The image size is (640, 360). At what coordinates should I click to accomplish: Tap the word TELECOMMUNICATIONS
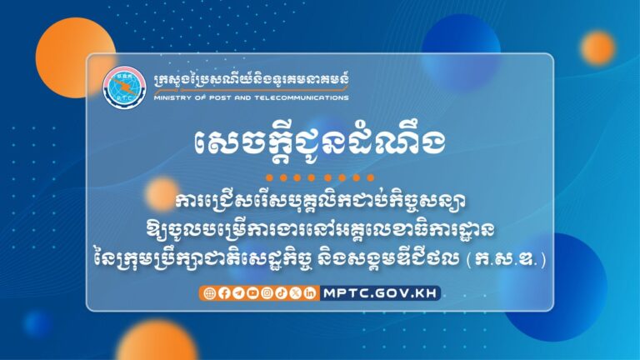(x=302, y=97)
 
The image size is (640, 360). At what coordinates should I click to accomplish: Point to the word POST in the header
(x=216, y=97)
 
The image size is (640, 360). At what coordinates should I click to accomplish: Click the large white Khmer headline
(x=319, y=143)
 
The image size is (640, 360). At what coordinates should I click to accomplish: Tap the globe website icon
(x=208, y=292)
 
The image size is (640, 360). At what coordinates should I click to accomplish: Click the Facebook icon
(x=222, y=292)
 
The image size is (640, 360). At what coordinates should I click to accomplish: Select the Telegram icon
(x=237, y=292)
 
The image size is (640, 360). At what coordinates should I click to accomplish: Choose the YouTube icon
(x=252, y=292)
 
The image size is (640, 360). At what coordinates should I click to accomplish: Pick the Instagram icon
(x=266, y=292)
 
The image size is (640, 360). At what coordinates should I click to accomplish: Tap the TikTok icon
(x=281, y=292)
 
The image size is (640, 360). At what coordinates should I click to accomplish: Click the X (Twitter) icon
(x=295, y=292)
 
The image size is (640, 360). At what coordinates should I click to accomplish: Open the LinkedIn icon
(x=309, y=292)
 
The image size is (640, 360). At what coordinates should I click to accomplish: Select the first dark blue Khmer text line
(x=319, y=202)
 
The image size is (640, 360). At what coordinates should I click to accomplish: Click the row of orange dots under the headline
(x=319, y=177)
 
